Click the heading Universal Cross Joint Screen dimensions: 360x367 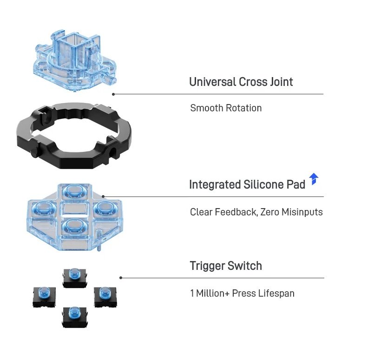click(x=241, y=82)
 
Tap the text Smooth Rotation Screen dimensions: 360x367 click(x=226, y=108)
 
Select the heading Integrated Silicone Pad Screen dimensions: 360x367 click(x=247, y=184)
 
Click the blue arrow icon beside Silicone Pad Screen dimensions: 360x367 click(x=314, y=179)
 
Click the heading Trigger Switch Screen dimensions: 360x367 click(x=226, y=266)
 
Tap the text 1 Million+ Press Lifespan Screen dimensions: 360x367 click(x=242, y=294)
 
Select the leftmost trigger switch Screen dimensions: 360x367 click(x=44, y=295)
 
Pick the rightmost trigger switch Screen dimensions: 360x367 click(x=105, y=295)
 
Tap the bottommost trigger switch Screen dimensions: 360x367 click(x=73, y=315)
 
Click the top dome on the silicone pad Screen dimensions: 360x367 click(x=72, y=190)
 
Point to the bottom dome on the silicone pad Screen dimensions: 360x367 click(x=73, y=226)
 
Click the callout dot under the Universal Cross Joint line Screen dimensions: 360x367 click(x=113, y=94)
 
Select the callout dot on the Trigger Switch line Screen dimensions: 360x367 click(x=121, y=278)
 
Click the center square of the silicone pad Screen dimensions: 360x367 click(x=72, y=209)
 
